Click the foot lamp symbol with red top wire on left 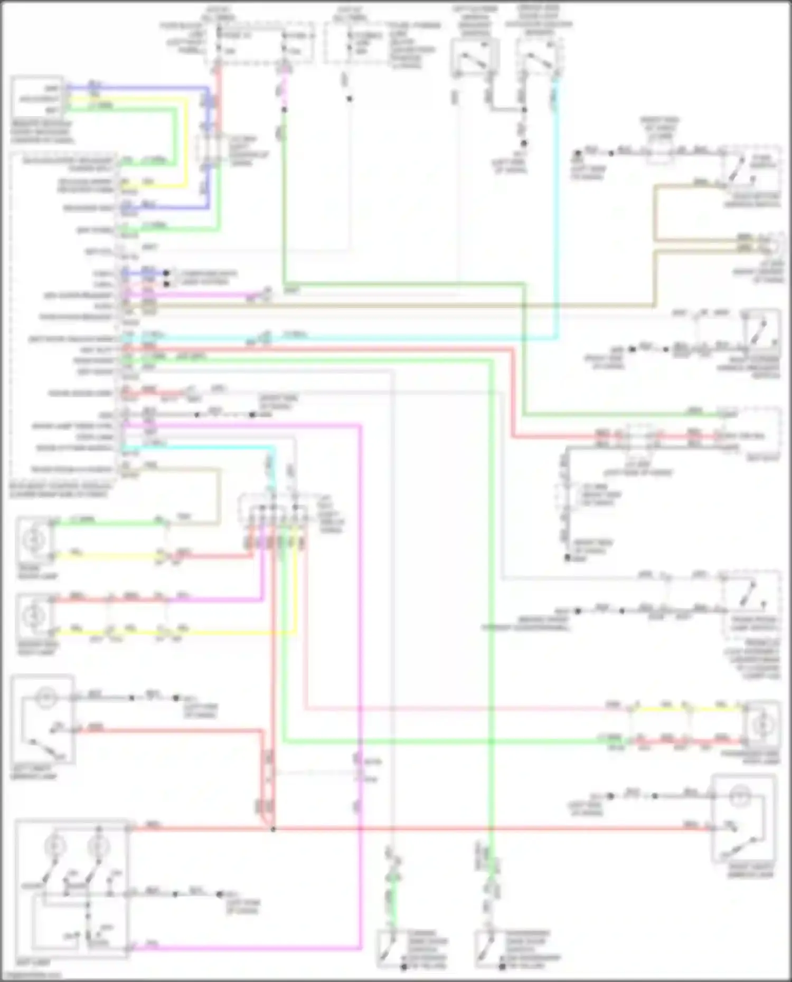[35, 615]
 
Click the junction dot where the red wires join [273, 830]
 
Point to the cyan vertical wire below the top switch [554, 211]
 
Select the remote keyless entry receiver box [37, 98]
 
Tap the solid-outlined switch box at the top [474, 57]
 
